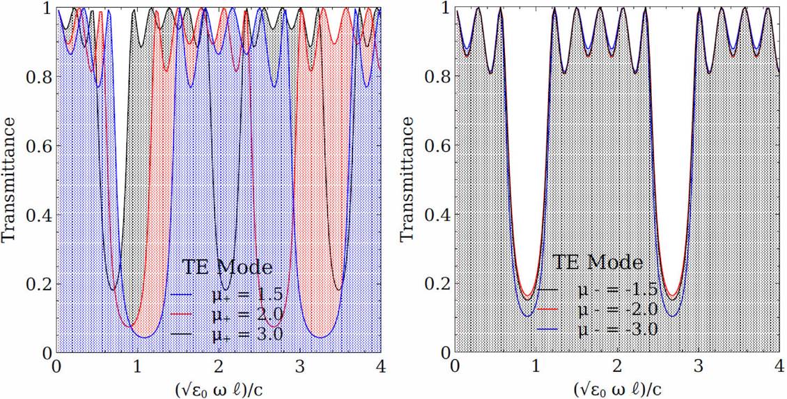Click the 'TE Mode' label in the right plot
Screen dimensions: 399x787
[x=598, y=262]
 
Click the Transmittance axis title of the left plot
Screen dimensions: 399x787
[x=10, y=179]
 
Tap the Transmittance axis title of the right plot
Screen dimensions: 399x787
[x=407, y=179]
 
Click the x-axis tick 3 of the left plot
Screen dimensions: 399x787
[x=300, y=366]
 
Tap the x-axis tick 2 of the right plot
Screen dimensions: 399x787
[x=617, y=366]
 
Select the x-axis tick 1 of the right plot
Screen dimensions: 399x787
[x=536, y=366]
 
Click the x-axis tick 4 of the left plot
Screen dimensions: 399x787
[x=381, y=366]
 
